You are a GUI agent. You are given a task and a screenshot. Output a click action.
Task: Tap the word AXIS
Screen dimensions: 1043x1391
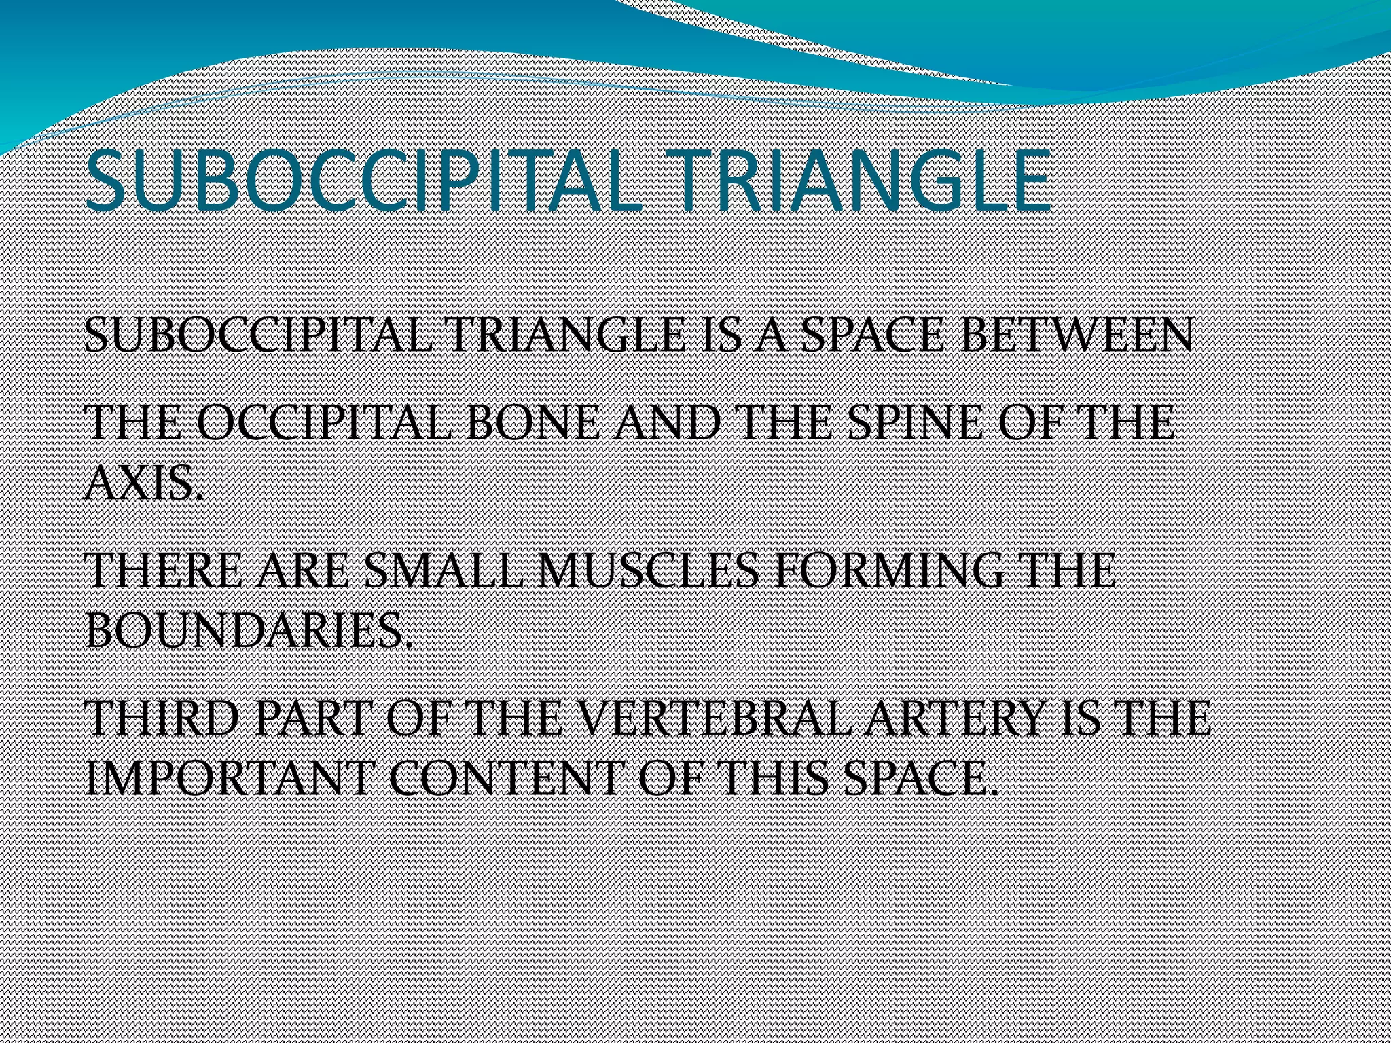click(143, 483)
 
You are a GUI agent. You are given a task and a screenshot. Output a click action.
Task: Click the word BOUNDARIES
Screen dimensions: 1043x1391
click(249, 631)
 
